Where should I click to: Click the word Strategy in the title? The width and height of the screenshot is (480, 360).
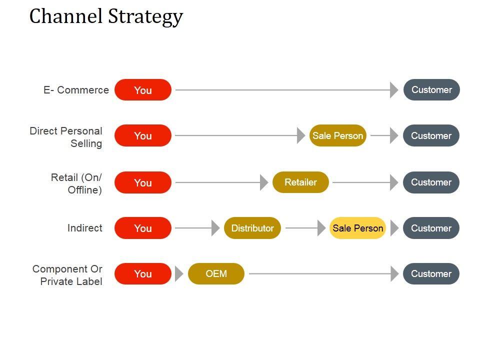point(145,16)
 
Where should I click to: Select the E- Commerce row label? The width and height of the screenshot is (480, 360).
point(76,90)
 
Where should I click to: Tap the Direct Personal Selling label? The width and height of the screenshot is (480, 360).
point(66,137)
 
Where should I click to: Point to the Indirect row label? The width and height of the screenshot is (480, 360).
point(85,228)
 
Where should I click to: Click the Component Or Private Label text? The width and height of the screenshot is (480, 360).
point(67,275)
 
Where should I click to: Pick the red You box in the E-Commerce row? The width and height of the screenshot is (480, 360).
point(143,89)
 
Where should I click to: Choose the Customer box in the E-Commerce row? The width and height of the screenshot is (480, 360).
point(431,89)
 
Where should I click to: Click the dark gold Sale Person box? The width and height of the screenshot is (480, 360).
point(337,135)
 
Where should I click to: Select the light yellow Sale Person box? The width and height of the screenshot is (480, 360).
point(357,228)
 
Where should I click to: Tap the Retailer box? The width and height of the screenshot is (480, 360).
point(300,182)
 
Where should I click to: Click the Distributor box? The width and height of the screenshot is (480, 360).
point(252,228)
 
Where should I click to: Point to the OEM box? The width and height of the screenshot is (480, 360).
point(216,273)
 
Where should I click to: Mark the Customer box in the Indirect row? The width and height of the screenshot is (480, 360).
point(431,228)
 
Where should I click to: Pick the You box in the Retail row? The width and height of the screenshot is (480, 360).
point(143,182)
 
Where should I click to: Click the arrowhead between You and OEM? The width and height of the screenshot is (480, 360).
point(179,273)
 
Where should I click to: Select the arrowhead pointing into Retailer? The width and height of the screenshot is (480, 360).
point(264,182)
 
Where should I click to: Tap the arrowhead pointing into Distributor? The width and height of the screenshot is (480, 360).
point(216,228)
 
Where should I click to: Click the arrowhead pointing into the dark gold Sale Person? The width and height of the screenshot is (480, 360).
point(301,135)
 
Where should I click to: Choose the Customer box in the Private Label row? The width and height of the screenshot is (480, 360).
point(431,273)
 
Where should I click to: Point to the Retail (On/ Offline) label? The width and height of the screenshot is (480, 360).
point(76,183)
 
